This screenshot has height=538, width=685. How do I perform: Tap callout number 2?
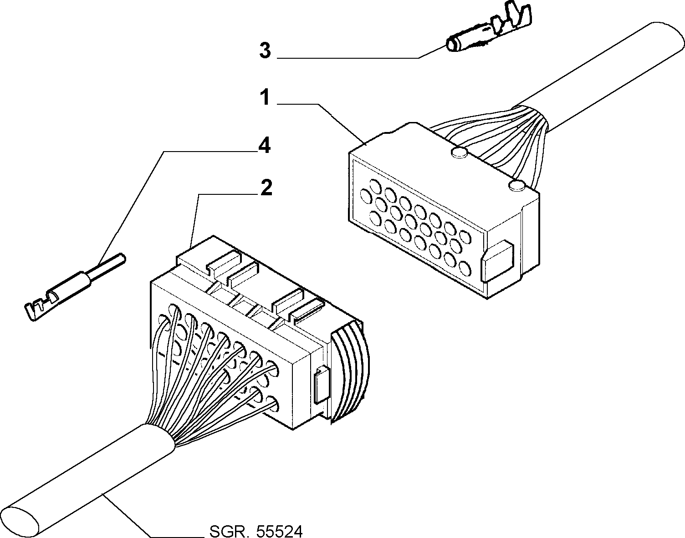(x=266, y=188)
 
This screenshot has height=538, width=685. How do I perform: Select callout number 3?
(x=265, y=51)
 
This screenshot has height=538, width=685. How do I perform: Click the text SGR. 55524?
(x=256, y=531)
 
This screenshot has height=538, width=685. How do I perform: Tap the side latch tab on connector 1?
(x=497, y=261)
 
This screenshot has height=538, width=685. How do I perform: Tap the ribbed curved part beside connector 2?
(x=350, y=373)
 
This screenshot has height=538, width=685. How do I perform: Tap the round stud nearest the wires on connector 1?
(x=516, y=186)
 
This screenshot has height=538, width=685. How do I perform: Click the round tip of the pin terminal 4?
(x=123, y=259)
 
